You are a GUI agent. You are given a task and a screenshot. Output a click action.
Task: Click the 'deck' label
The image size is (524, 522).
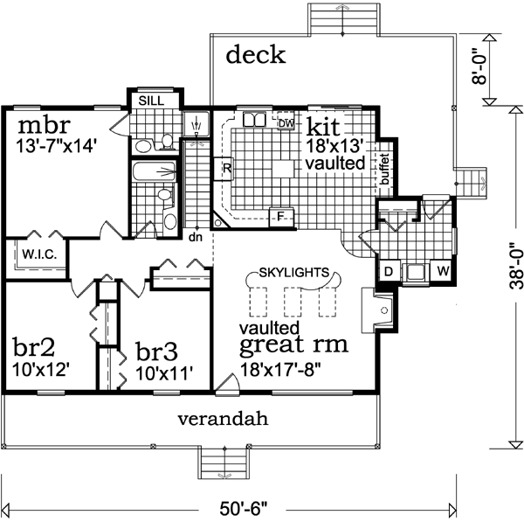click(x=256, y=56)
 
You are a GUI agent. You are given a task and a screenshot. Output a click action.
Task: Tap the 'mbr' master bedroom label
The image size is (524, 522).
click(x=40, y=120)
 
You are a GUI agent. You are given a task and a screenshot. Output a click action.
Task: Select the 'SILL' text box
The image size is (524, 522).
click(x=152, y=101)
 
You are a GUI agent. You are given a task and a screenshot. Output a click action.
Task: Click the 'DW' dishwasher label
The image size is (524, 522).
click(x=285, y=123)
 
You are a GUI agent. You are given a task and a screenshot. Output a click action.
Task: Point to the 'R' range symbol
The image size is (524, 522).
click(x=225, y=167)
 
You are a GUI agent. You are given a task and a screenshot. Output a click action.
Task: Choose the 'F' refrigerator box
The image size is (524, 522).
click(x=280, y=215)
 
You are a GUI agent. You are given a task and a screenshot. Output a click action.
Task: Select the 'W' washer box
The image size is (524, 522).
click(x=443, y=272)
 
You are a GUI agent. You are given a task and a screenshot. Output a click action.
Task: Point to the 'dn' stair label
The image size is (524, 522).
click(x=196, y=236)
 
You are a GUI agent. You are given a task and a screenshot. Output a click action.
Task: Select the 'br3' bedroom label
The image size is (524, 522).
click(x=158, y=351)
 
